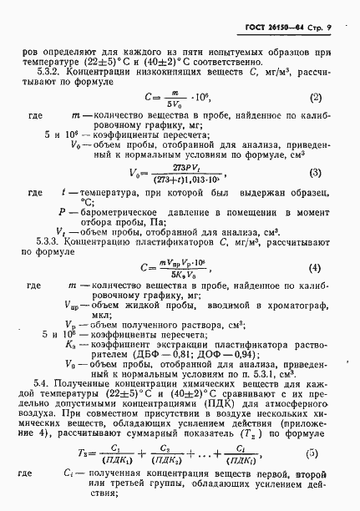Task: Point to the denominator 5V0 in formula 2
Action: pos(174,104)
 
